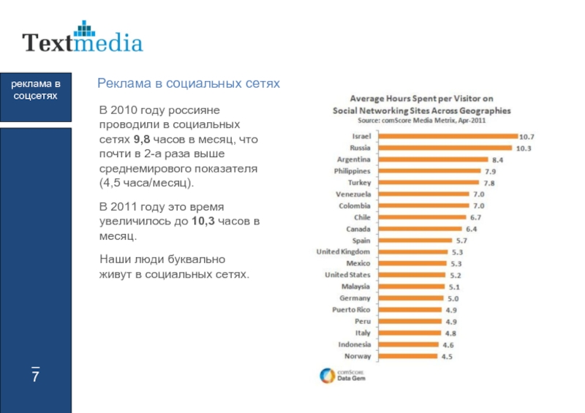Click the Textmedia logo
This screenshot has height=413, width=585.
point(82,39)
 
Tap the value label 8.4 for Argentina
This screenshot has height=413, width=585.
point(497,159)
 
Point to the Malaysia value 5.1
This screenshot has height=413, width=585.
point(454,287)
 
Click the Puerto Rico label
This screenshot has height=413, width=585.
point(352,310)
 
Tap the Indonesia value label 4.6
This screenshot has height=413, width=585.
point(448,344)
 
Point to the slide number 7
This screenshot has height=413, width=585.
point(34,377)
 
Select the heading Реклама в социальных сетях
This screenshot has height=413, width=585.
point(189,84)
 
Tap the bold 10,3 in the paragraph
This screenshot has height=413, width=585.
point(203,221)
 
